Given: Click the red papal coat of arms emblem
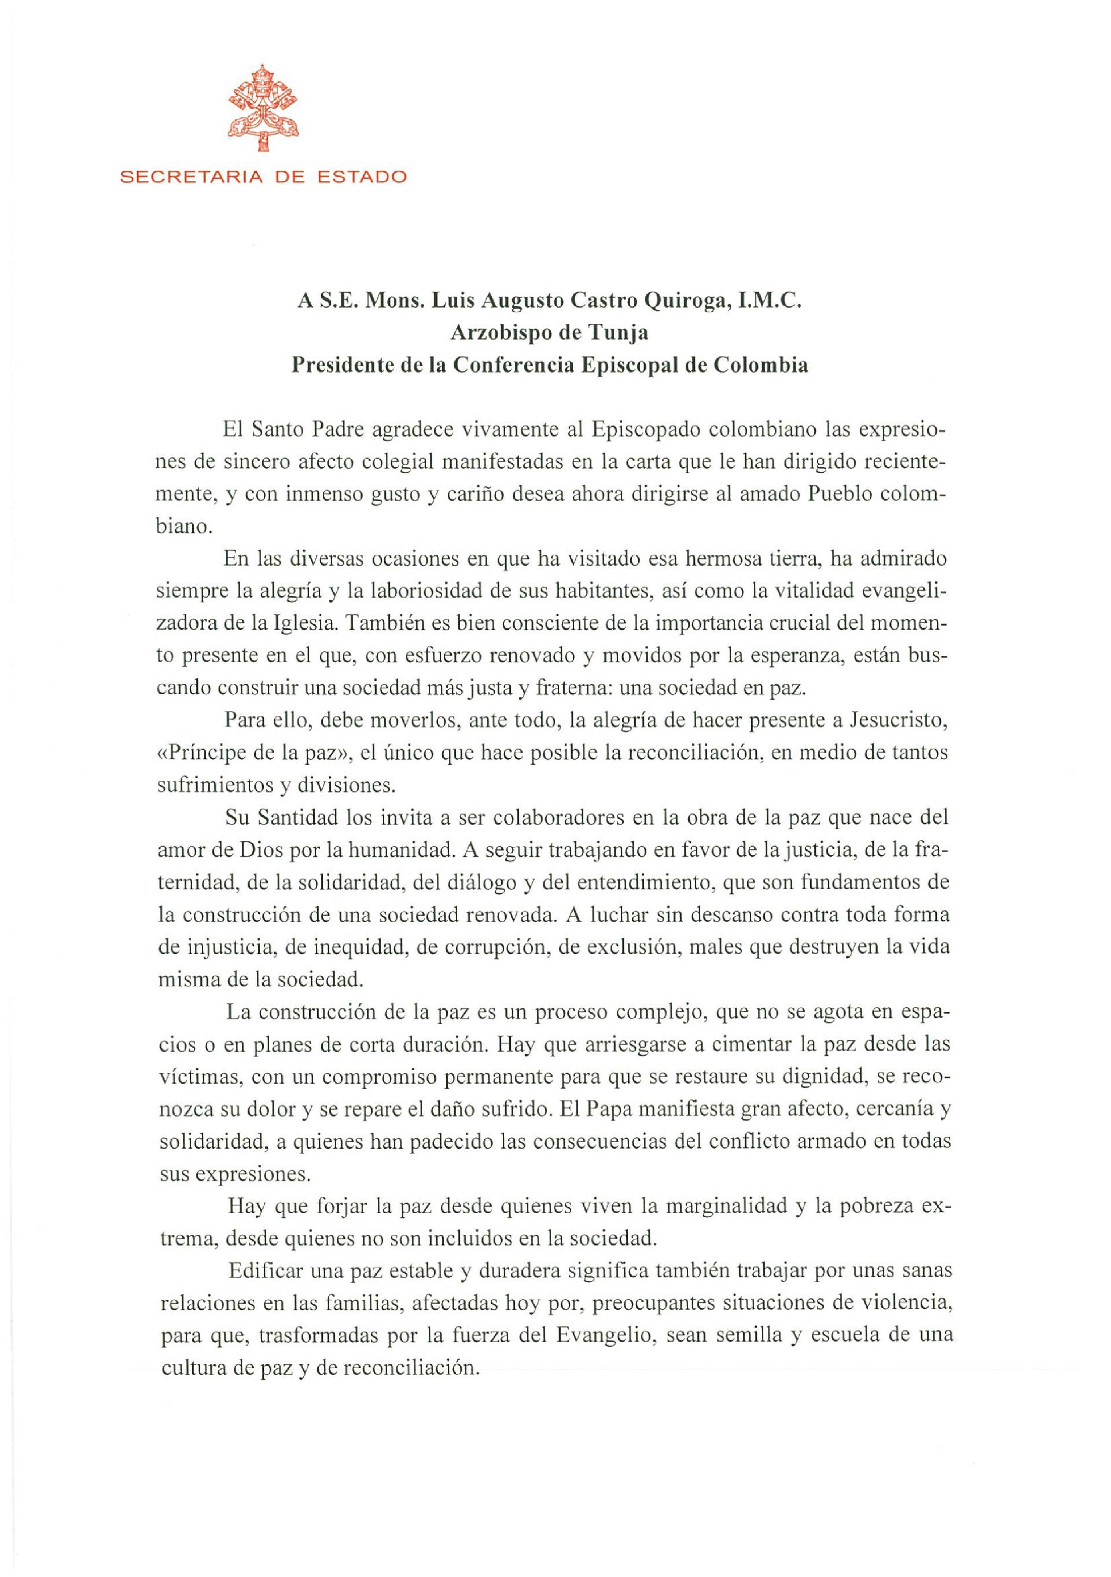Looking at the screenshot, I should pos(264,107).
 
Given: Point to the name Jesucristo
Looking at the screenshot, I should pos(899,722).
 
